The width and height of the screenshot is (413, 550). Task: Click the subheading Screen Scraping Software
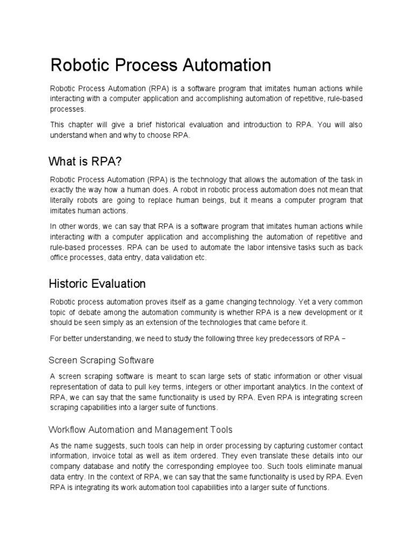pos(101,359)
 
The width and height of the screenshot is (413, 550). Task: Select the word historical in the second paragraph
pos(177,125)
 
